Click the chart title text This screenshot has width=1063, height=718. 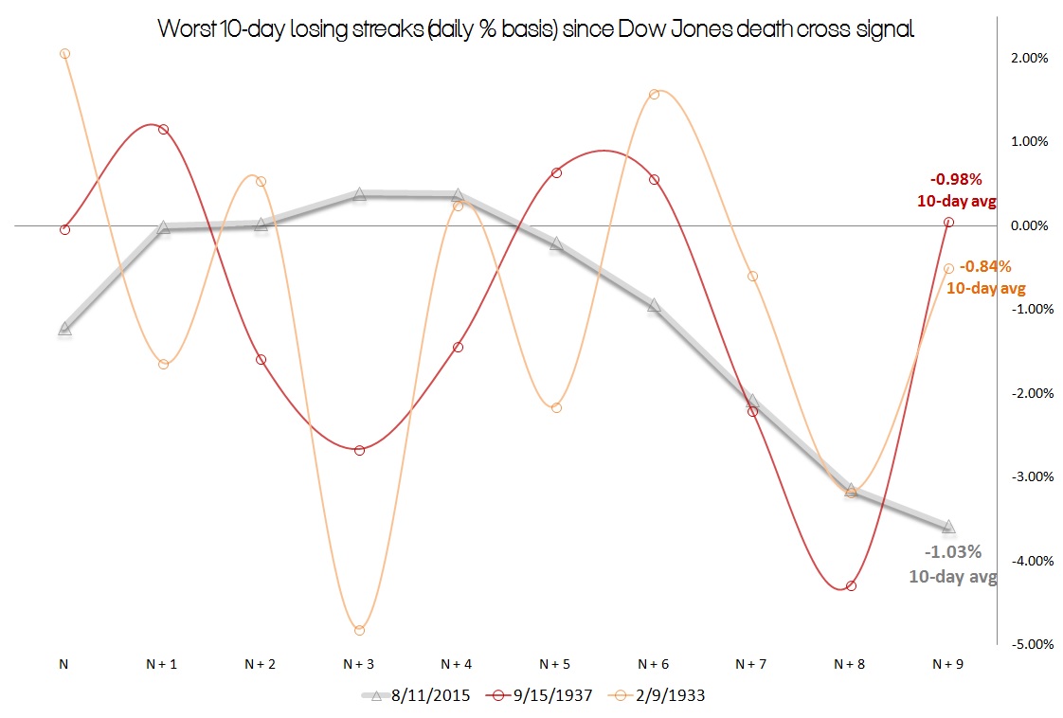coord(536,30)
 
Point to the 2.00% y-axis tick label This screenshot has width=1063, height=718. coord(1028,58)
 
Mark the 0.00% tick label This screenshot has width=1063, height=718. coord(1028,225)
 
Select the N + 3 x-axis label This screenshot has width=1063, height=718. coord(359,665)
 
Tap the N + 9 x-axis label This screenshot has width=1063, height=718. coord(948,665)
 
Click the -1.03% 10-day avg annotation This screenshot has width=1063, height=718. coord(952,564)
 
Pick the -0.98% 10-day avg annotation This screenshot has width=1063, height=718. coord(955,188)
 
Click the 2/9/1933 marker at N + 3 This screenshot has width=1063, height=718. coord(359,630)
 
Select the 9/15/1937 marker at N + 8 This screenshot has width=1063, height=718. coord(851,585)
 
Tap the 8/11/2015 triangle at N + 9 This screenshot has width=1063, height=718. coord(948,526)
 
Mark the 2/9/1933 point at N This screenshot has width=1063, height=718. coord(64,54)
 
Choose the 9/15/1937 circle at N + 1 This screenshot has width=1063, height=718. coord(163,129)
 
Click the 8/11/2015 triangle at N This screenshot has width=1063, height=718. coord(64,328)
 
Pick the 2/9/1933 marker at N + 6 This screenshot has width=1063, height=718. coord(654,94)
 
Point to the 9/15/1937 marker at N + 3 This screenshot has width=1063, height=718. coord(359,450)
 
